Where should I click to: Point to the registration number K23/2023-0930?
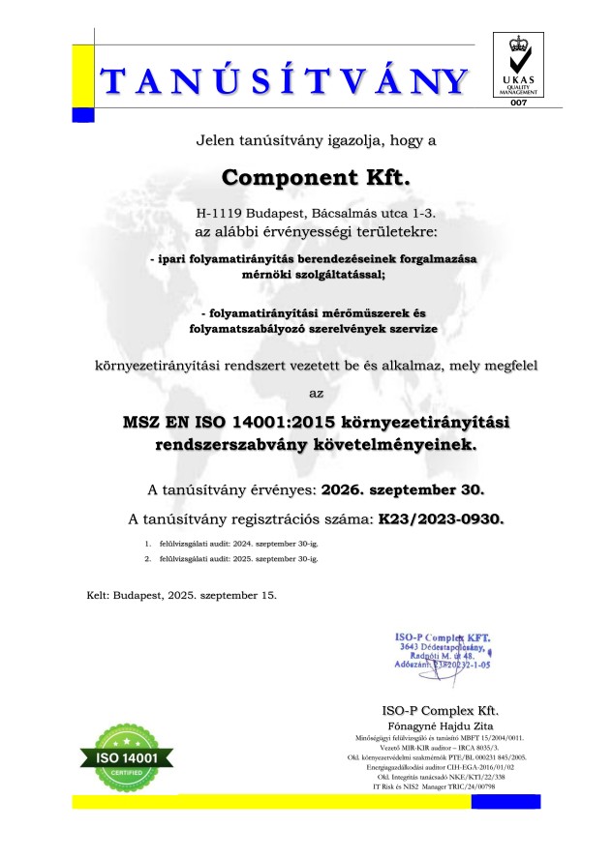[x=443, y=519]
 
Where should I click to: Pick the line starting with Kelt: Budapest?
[x=181, y=594]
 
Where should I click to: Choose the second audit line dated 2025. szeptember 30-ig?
[x=233, y=559]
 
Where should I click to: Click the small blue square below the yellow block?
[x=83, y=114]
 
